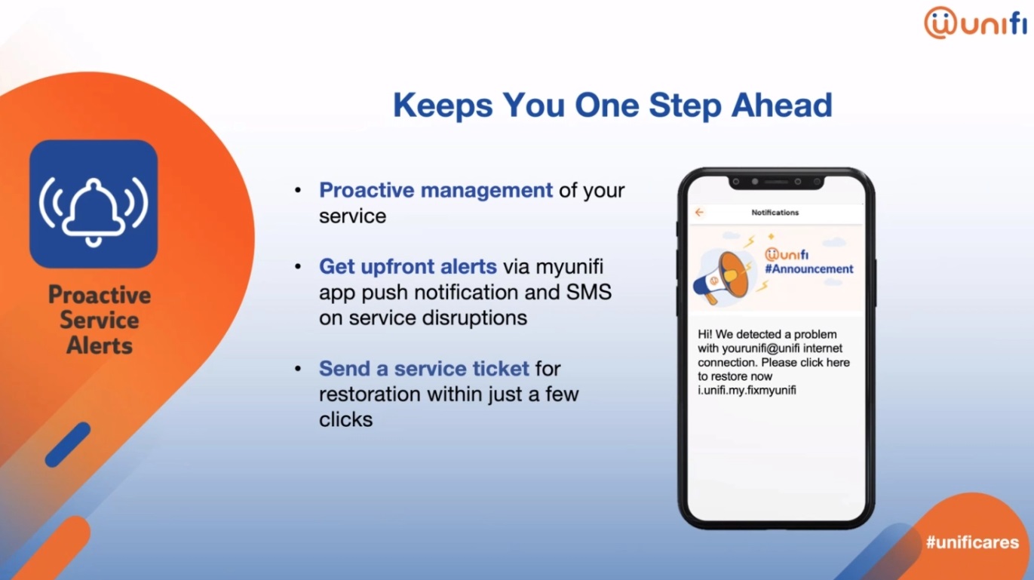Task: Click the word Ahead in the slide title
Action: click(782, 106)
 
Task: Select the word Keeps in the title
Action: click(443, 106)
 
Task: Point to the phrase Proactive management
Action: click(436, 190)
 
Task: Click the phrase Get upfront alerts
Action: click(407, 266)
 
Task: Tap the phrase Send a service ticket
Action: click(424, 369)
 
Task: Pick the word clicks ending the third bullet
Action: click(345, 419)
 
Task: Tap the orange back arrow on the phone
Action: click(699, 213)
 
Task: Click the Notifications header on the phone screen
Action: click(775, 213)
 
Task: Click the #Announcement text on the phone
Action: click(809, 269)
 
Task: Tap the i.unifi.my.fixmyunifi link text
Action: click(747, 390)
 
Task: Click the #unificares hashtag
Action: click(973, 542)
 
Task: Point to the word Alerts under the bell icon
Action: click(100, 346)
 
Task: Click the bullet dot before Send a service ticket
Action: click(298, 369)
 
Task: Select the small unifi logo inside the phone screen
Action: click(787, 254)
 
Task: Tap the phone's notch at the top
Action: click(776, 183)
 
